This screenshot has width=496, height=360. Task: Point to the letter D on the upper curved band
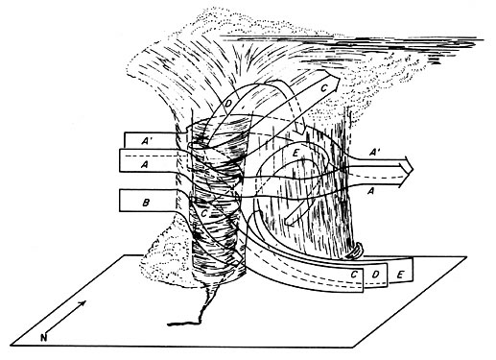(230, 105)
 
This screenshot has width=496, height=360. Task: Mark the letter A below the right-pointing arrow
(370, 191)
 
